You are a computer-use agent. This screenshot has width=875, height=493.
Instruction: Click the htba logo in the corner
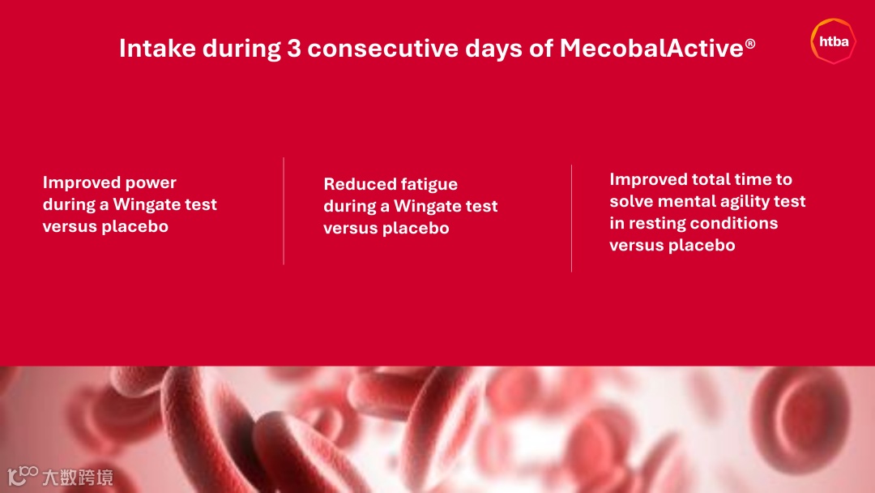[833, 41]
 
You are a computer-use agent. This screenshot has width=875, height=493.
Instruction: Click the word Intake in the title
[157, 48]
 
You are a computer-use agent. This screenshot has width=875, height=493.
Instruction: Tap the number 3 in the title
[294, 48]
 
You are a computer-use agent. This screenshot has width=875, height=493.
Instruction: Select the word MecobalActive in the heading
[651, 48]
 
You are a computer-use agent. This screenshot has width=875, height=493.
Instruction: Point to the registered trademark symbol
[750, 44]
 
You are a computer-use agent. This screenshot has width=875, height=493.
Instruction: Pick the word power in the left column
[151, 183]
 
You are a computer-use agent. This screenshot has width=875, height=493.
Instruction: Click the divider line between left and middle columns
[284, 211]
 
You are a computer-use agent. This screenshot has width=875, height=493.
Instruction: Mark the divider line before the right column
[571, 218]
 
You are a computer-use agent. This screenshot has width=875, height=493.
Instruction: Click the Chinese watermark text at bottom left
[78, 478]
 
